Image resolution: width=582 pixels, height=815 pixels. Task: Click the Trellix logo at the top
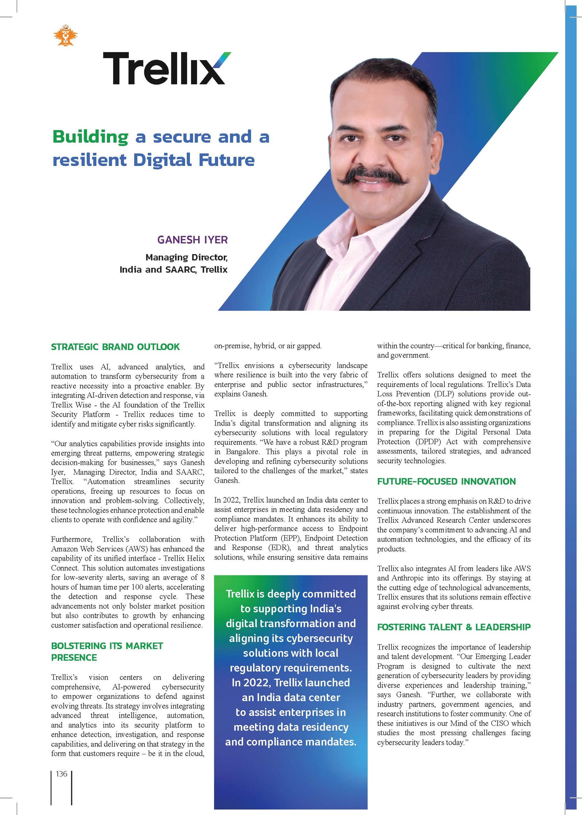[166, 68]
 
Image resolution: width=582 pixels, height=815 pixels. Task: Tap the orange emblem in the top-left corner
[65, 36]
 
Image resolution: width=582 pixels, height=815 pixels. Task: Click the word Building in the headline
[91, 137]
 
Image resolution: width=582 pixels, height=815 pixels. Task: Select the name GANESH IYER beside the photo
[192, 240]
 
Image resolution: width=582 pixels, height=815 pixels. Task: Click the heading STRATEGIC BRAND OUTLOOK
[115, 347]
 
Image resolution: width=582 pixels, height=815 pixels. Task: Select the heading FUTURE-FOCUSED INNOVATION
[446, 481]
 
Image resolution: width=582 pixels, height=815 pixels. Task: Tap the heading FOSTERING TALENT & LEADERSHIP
[454, 627]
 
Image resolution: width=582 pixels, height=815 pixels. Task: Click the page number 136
[61, 774]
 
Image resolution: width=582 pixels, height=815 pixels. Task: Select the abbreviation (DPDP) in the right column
[428, 442]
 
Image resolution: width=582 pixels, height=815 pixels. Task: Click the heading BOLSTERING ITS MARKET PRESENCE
[107, 652]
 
